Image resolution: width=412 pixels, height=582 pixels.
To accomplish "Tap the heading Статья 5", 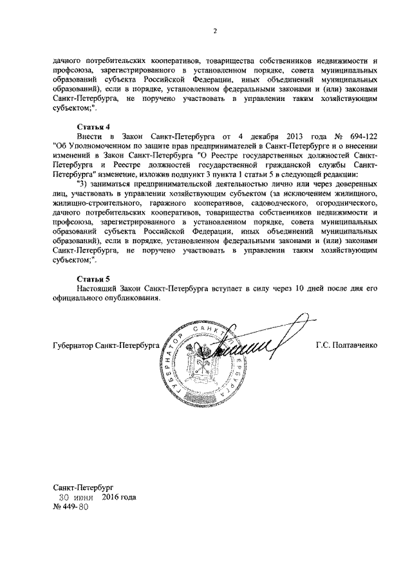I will (95, 279).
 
